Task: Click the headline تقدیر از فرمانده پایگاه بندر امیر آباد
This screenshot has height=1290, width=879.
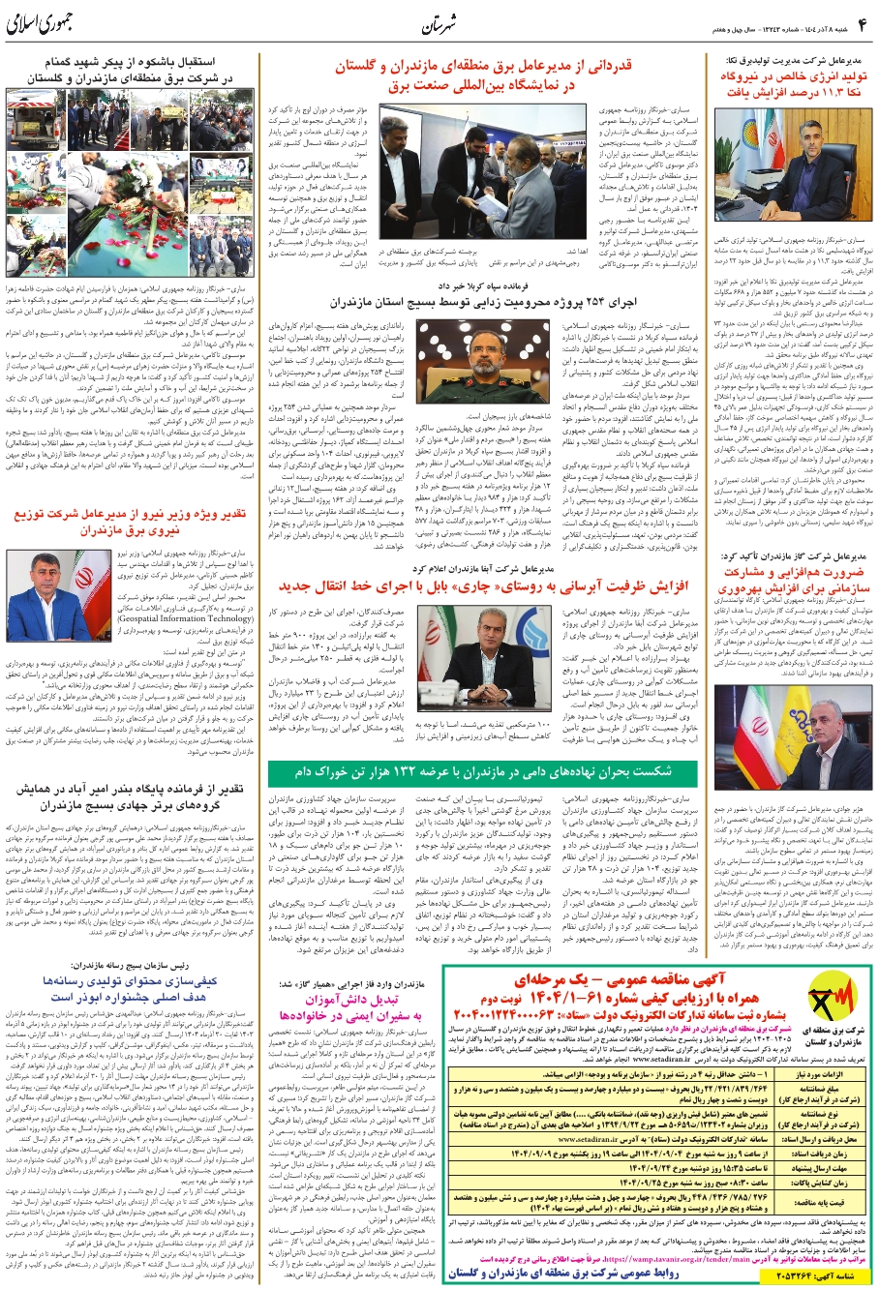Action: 133,795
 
